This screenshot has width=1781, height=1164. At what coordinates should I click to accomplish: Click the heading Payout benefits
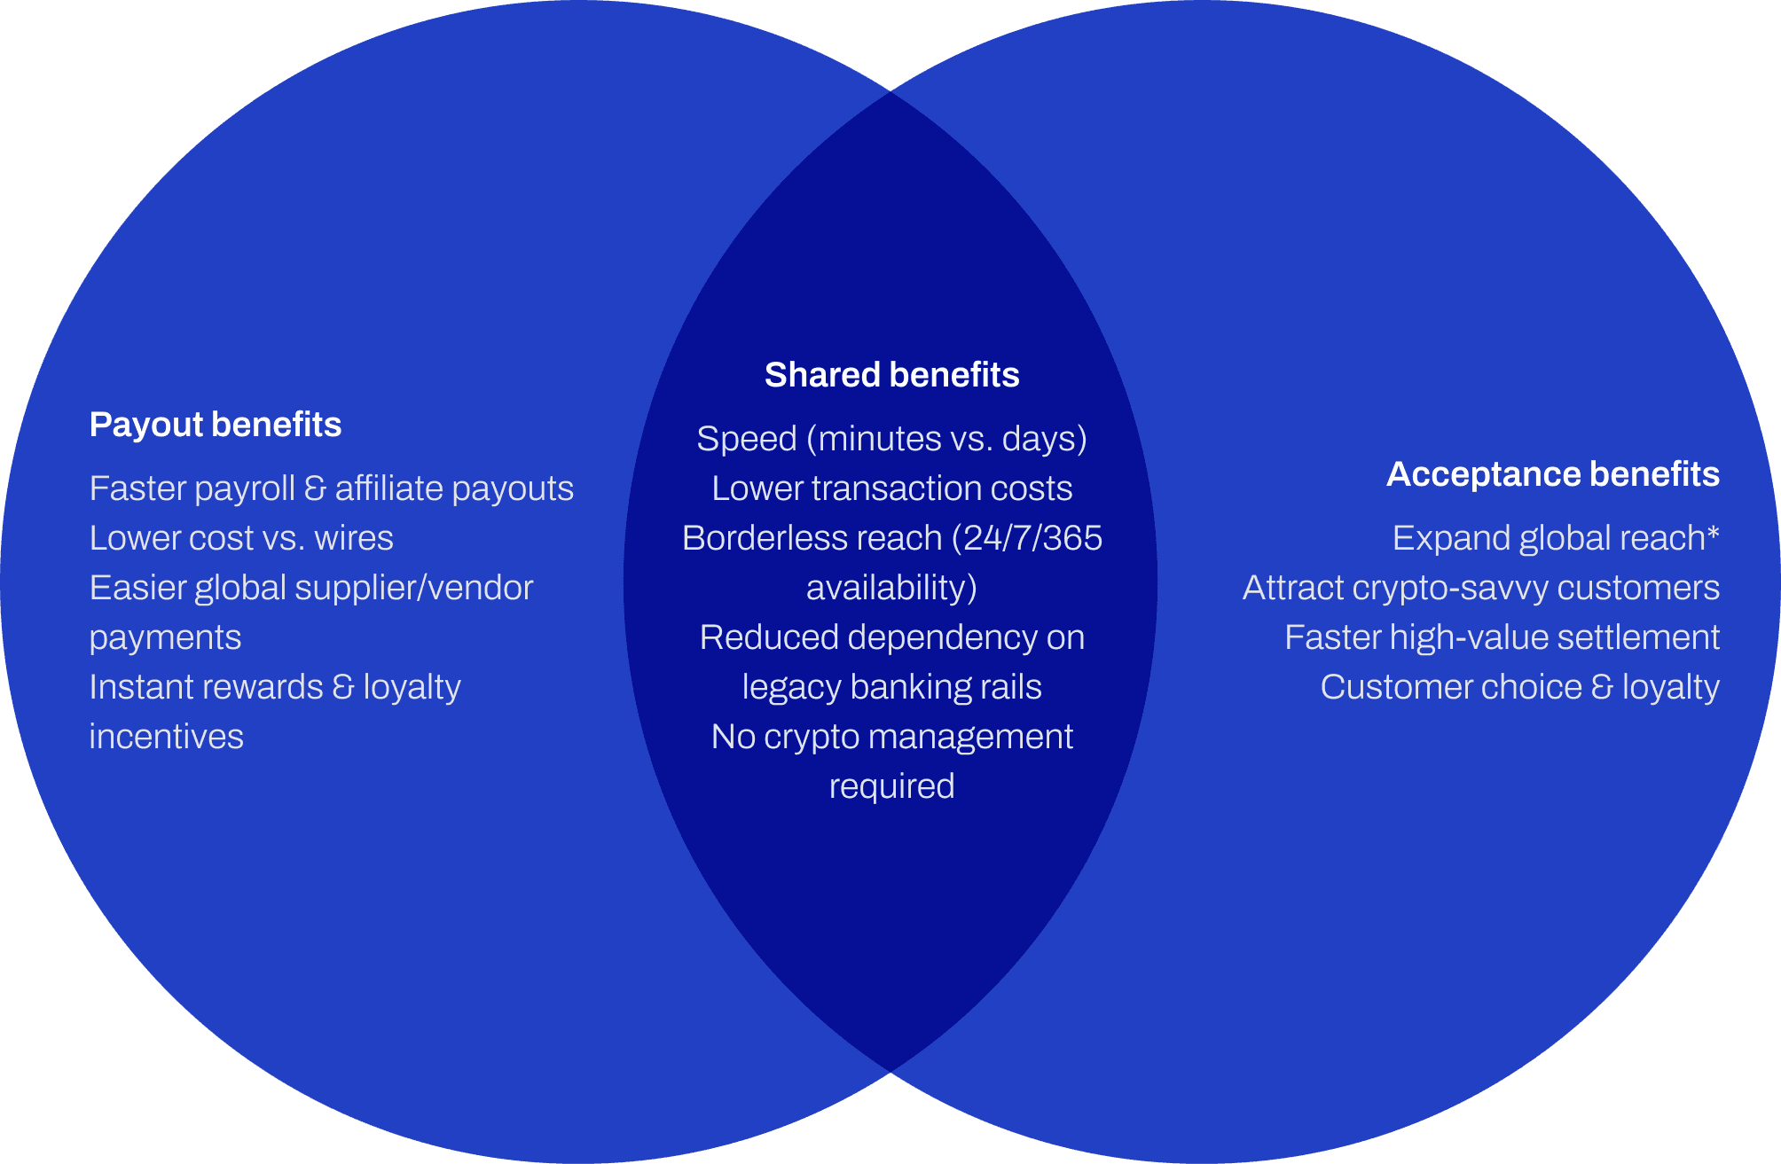216,425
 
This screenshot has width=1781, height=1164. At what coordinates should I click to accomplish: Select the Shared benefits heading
891,375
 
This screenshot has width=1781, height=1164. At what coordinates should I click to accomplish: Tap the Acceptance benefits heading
1552,474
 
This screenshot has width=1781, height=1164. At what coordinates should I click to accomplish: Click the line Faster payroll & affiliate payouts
331,488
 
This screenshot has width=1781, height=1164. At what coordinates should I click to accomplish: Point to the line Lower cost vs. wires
241,538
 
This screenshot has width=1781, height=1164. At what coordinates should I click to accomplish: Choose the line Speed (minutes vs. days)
891,439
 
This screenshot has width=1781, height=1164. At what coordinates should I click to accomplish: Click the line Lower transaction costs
891,488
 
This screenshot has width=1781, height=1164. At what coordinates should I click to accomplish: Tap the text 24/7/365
1032,538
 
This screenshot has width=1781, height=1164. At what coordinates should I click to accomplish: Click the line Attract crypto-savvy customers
1480,588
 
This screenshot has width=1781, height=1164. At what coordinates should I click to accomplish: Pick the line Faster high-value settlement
1502,637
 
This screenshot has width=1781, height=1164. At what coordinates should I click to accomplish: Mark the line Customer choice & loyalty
1519,687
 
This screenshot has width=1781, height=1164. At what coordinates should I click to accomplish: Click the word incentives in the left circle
166,737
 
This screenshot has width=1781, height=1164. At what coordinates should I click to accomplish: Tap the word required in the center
891,786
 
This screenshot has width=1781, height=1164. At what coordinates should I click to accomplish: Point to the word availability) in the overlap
891,588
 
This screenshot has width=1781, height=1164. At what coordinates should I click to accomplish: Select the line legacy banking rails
891,687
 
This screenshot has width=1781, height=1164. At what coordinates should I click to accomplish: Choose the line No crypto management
891,737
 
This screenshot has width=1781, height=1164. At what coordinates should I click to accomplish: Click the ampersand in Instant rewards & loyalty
343,687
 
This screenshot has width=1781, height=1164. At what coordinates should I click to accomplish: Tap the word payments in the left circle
165,637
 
